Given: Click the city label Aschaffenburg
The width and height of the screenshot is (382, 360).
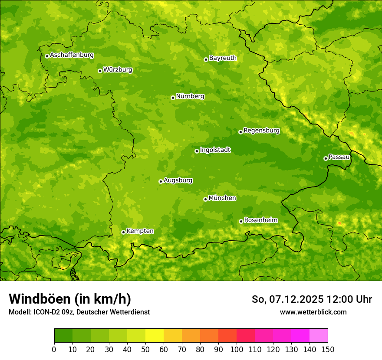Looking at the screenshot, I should (x=72, y=55).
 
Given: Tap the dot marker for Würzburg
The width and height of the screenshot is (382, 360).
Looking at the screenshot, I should (x=100, y=71).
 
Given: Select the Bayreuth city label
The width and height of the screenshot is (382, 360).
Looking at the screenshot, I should (x=223, y=58).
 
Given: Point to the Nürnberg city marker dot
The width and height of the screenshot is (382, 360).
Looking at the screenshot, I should (x=173, y=98).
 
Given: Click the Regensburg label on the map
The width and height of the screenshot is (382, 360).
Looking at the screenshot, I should (x=261, y=131).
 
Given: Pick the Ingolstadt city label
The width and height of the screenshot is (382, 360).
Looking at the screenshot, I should (x=215, y=150).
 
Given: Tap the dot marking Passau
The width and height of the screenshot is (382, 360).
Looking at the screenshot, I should (x=326, y=158).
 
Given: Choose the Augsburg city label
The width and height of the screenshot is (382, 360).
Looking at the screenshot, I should (x=178, y=180).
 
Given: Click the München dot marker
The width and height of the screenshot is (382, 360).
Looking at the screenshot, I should (x=205, y=199).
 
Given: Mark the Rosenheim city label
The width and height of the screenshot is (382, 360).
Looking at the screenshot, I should (x=260, y=220).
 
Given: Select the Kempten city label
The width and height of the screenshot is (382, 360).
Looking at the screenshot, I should (x=140, y=231).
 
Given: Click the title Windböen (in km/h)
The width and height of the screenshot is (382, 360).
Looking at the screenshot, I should (x=70, y=299).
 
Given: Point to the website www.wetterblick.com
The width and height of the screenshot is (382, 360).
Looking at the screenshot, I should (x=313, y=312).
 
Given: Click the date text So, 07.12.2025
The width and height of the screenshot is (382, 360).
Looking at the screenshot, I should (x=287, y=299).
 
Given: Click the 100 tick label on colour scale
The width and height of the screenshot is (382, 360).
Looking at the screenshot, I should (x=236, y=349).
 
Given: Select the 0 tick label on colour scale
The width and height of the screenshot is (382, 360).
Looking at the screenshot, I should (x=54, y=349).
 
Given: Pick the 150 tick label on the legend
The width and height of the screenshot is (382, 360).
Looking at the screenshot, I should (x=328, y=349).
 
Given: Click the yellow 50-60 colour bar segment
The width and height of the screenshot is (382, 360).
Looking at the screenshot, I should (x=155, y=336).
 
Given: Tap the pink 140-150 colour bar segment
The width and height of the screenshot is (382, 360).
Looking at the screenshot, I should (x=319, y=336).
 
